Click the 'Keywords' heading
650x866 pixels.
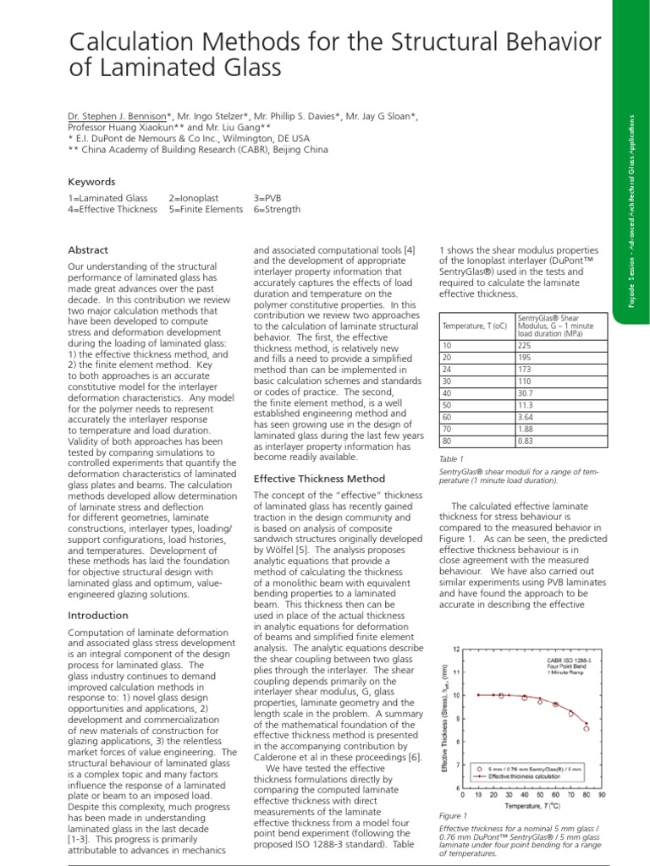[91, 181]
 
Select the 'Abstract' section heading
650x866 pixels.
[87, 250]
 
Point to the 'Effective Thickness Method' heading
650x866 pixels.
[320, 479]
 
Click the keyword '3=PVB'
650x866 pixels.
[269, 197]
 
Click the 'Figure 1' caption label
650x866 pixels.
[453, 816]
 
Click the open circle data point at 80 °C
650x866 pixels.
[586, 728]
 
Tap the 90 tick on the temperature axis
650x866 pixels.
[600, 794]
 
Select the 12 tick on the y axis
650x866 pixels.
[456, 649]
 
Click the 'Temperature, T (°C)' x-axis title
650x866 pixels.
[532, 806]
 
